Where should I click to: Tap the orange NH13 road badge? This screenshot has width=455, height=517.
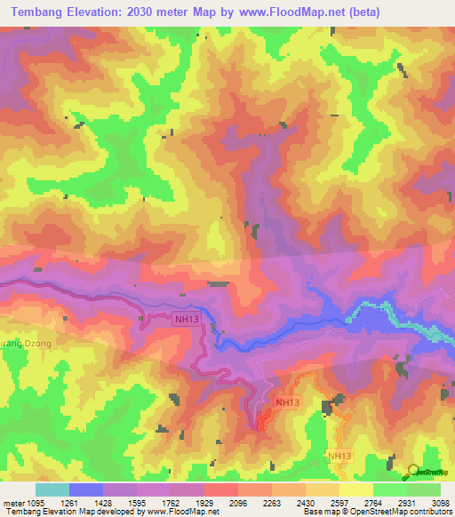(287, 402)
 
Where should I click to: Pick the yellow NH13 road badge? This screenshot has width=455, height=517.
(340, 456)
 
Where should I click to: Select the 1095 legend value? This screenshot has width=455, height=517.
(27, 503)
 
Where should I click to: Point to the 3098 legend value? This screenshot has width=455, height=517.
(441, 503)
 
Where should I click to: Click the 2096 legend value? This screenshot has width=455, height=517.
(238, 503)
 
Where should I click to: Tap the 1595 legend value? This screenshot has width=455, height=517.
(137, 503)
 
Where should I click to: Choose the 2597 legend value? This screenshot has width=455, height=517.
(339, 503)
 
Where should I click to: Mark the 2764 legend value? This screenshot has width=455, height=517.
(373, 503)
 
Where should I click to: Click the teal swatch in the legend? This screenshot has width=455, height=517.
(52, 489)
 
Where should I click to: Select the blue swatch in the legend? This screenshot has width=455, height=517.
(85, 489)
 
